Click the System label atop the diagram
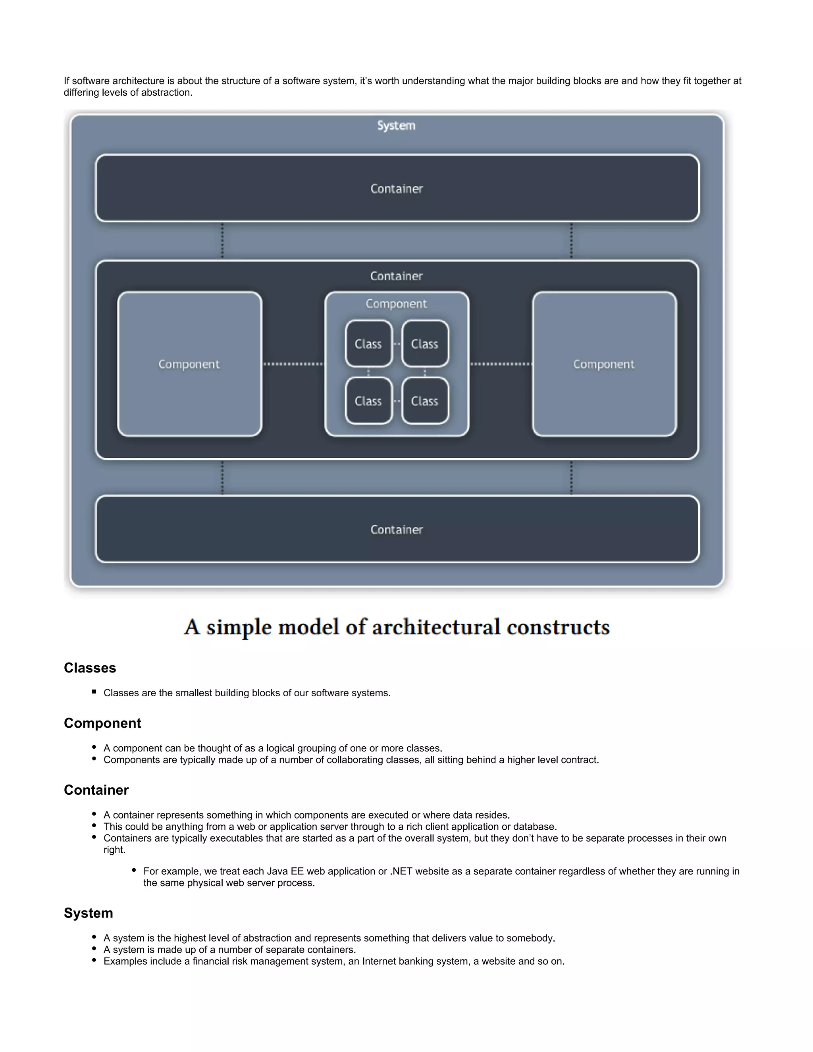coord(396,126)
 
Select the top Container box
coord(397,188)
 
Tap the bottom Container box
coord(397,529)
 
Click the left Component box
coord(189,364)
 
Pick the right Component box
coord(604,364)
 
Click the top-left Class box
coord(368,344)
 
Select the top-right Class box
coord(425,344)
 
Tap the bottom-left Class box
coord(368,401)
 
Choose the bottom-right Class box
coord(425,401)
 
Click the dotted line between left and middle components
coord(293,364)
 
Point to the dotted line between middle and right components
coord(501,364)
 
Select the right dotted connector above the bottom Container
coord(571,478)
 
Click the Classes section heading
coord(90,668)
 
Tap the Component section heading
coord(102,723)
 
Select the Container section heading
coord(96,790)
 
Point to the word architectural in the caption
coord(436,627)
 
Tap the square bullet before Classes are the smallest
coord(94,692)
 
